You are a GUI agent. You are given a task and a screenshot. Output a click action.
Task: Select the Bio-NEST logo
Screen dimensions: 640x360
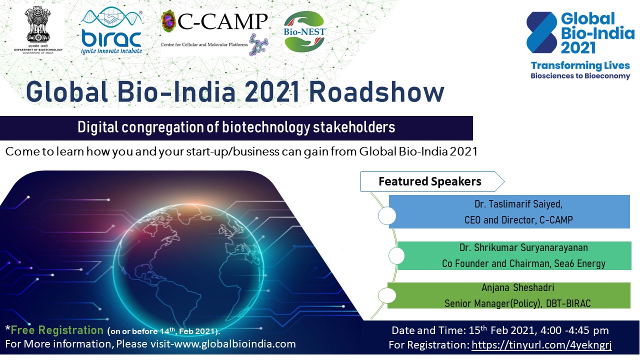pos(304,31)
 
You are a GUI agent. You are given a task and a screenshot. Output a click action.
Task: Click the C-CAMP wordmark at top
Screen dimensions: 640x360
pos(222,21)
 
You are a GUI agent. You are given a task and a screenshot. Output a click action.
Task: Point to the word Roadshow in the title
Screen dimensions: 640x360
pos(377,92)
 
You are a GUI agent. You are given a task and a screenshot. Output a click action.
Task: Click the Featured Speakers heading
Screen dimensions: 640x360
pos(429,181)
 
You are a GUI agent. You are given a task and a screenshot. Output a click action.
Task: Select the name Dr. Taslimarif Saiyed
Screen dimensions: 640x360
pos(518,204)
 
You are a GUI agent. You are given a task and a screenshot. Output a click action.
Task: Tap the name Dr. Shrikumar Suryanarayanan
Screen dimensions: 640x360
pos(523,247)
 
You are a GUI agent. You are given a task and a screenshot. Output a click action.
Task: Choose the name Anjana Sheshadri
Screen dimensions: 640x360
pos(517,287)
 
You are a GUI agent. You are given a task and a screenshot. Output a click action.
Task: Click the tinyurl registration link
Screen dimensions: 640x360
pos(541,345)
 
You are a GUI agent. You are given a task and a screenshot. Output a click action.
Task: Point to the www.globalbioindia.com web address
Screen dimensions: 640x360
pos(235,343)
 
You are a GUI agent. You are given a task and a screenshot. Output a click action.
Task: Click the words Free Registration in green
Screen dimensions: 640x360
pos(57,330)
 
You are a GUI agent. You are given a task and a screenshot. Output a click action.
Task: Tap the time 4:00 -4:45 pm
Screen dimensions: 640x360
pos(574,330)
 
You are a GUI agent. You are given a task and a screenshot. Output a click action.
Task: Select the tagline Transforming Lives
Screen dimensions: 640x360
pos(580,65)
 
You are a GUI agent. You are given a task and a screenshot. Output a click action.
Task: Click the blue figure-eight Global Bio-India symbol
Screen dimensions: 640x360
pos(541,32)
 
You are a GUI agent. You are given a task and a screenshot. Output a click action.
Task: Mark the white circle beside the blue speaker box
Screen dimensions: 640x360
pos(387,215)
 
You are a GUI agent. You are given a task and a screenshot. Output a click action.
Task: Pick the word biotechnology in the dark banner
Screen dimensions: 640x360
pos(265,127)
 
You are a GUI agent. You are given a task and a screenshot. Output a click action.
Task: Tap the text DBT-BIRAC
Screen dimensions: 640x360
pos(568,303)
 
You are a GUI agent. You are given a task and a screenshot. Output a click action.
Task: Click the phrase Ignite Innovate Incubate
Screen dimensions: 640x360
pos(111,51)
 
